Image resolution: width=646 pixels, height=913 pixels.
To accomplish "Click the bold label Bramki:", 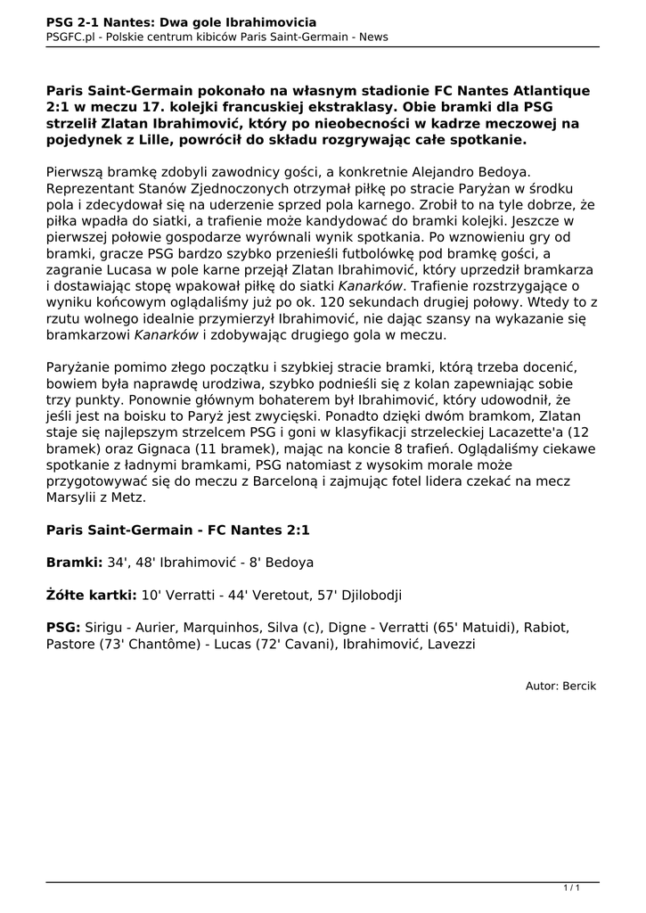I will tap(75, 563).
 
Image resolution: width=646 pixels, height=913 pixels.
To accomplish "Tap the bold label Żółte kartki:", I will tap(91, 595).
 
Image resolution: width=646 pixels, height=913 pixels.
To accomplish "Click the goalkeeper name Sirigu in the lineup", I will tap(105, 628).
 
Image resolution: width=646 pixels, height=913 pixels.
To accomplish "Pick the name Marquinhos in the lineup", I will tap(242, 628).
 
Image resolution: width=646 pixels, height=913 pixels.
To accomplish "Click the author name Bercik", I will tap(579, 686).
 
